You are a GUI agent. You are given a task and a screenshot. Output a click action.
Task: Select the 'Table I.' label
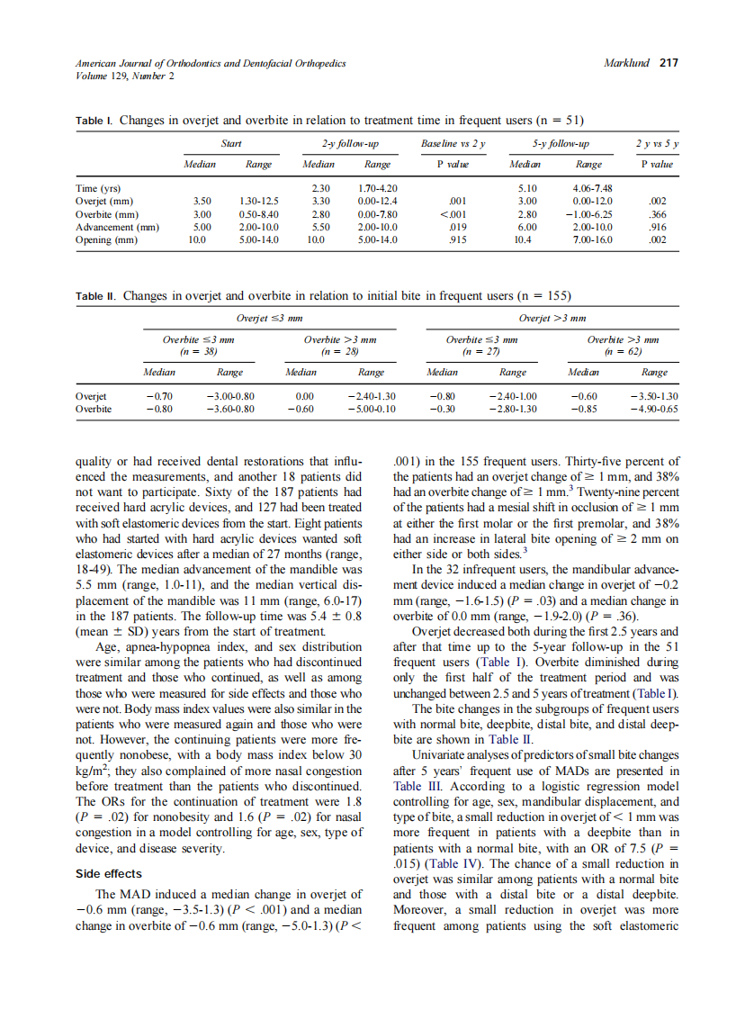[94, 120]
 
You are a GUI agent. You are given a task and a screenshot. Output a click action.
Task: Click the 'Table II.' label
[96, 295]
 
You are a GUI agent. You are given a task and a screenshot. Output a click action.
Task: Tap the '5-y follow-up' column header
[561, 143]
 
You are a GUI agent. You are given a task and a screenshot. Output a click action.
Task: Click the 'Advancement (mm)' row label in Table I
[118, 228]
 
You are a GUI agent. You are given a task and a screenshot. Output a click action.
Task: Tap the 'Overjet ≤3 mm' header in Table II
[269, 318]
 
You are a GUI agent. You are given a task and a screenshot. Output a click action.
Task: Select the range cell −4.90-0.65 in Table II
[654, 408]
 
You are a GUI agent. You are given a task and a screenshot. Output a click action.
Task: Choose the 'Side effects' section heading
[110, 873]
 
